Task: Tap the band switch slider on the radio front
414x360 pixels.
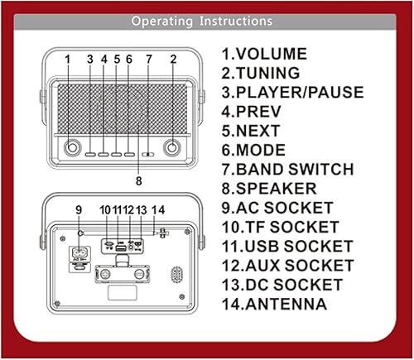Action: click(x=148, y=153)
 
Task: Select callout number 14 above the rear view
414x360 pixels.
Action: click(x=159, y=209)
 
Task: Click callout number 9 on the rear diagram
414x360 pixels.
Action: click(x=79, y=210)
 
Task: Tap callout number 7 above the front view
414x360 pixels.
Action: click(x=149, y=60)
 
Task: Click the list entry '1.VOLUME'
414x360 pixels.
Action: click(x=263, y=54)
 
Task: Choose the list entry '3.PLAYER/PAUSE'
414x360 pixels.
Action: click(x=291, y=92)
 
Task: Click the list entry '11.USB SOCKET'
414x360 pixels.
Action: click(x=286, y=246)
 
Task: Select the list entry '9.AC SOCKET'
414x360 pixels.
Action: click(x=277, y=208)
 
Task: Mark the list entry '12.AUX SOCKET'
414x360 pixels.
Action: click(x=286, y=266)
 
